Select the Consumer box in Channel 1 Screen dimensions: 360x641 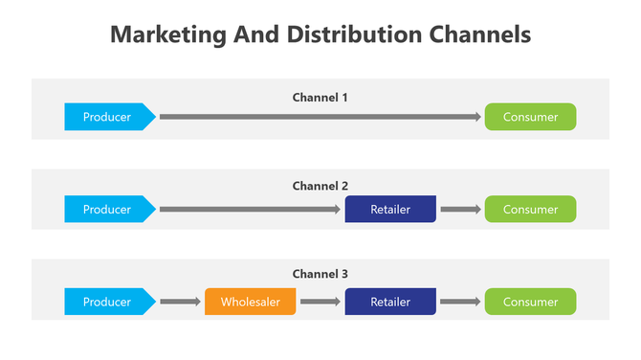pyautogui.click(x=530, y=117)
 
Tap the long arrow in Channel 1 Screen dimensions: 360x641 pyautogui.click(x=320, y=117)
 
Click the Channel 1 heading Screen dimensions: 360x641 pyautogui.click(x=320, y=97)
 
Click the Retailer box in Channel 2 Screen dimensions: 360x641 pyautogui.click(x=390, y=209)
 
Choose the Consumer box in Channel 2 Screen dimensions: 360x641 pyautogui.click(x=530, y=209)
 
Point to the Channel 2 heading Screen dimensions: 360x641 pyautogui.click(x=320, y=186)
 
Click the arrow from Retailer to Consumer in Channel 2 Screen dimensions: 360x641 pyautogui.click(x=460, y=209)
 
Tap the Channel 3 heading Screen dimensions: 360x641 pyautogui.click(x=320, y=274)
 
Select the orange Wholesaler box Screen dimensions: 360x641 pyautogui.click(x=250, y=302)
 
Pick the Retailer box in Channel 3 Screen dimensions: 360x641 pyautogui.click(x=390, y=302)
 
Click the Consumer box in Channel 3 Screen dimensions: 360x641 pyautogui.click(x=530, y=302)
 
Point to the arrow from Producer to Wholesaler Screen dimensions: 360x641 pyautogui.click(x=179, y=302)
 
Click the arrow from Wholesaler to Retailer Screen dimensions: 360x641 pyautogui.click(x=320, y=302)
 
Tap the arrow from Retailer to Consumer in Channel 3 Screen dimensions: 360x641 pyautogui.click(x=460, y=302)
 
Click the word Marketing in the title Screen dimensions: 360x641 pyautogui.click(x=166, y=35)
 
